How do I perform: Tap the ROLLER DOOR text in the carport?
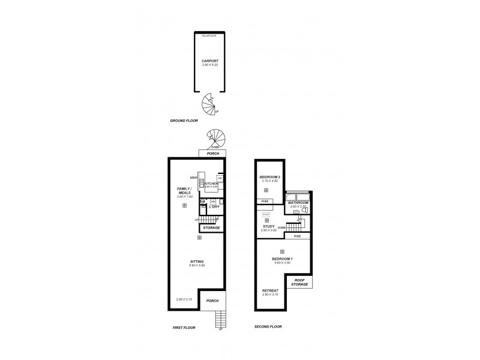click(209, 36)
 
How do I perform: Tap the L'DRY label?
click(214, 207)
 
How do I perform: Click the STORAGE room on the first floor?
click(211, 228)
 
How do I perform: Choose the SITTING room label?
click(197, 262)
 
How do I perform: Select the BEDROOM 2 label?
click(267, 178)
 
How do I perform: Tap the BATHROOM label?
click(298, 203)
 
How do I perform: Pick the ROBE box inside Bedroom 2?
click(265, 201)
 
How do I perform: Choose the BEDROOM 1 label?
click(282, 259)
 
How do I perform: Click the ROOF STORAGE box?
click(299, 282)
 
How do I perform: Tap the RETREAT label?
click(271, 292)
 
